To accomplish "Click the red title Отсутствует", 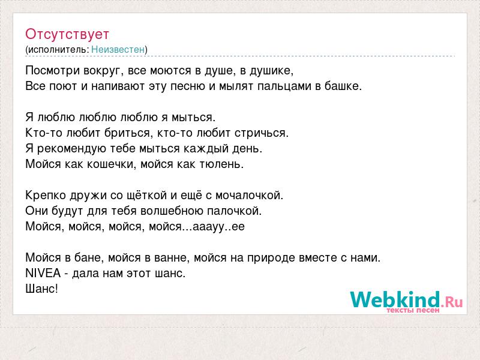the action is coord(67,34).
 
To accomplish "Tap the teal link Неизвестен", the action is coord(118,49).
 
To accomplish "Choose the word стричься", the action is coord(262,133).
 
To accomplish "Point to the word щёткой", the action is coord(145,196).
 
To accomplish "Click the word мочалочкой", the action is coord(250,196).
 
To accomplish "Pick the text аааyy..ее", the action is coord(219,227).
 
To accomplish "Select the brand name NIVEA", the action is coord(43,273).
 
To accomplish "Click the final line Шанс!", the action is coord(41,289).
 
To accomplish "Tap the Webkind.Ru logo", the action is coord(407,302).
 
